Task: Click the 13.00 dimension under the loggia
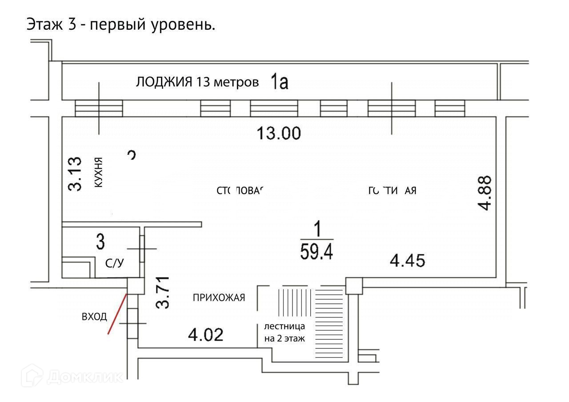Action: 279,133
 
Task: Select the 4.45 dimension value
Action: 408,260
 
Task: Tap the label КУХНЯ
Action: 99,172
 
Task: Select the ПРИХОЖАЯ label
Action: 219,298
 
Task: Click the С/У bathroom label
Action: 114,263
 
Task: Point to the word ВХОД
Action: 94,317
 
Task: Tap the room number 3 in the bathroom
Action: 100,243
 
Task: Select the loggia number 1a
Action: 280,83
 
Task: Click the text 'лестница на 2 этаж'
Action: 284,332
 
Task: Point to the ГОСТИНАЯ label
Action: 393,191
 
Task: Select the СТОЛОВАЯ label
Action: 240,191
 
